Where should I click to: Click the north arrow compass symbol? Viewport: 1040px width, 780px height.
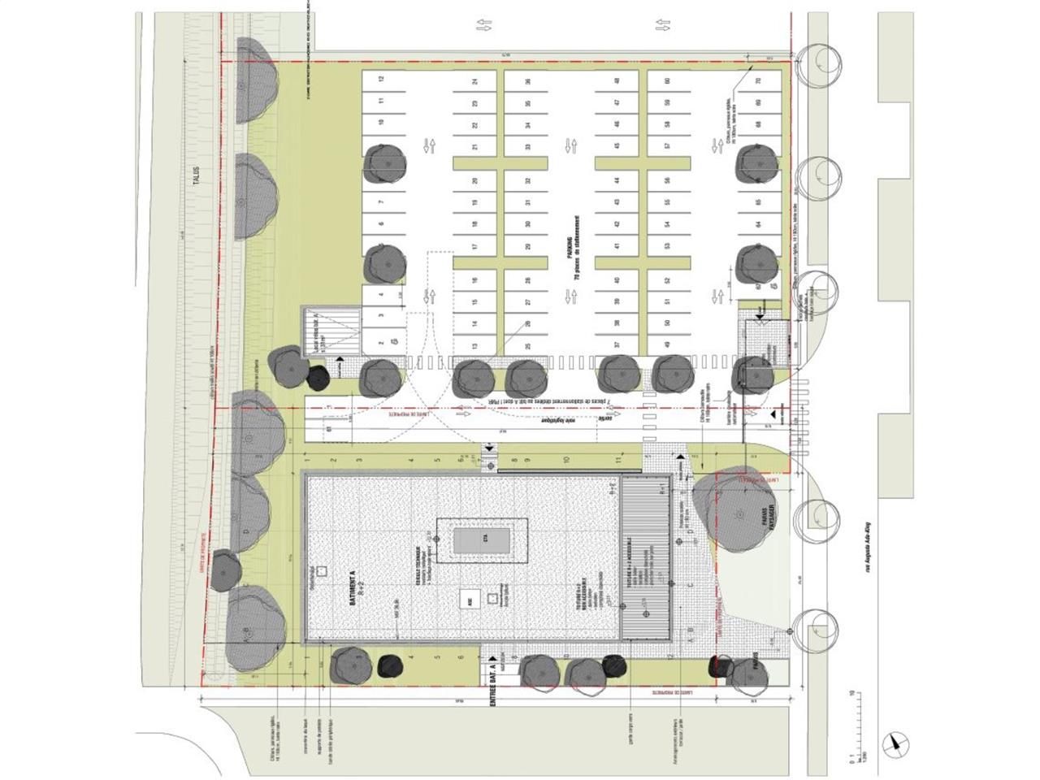pos(895,740)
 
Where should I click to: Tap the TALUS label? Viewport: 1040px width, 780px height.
pos(196,179)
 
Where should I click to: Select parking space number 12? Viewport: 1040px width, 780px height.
pos(380,80)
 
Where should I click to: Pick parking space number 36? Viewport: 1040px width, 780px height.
pos(527,81)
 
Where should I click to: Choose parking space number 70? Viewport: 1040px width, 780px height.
pos(757,81)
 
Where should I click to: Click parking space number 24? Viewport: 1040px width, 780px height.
pos(474,81)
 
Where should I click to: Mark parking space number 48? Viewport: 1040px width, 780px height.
pos(617,81)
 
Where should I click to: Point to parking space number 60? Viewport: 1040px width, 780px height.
pos(666,81)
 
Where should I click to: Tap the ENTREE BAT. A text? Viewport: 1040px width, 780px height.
pos(493,686)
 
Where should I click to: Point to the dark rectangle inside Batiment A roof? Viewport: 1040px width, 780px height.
pos(482,540)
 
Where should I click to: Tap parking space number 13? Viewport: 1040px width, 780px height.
pos(474,345)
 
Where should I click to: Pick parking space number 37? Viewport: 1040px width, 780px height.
pos(617,345)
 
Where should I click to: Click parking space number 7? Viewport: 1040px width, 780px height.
pos(380,201)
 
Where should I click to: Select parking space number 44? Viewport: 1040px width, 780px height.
pos(617,180)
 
